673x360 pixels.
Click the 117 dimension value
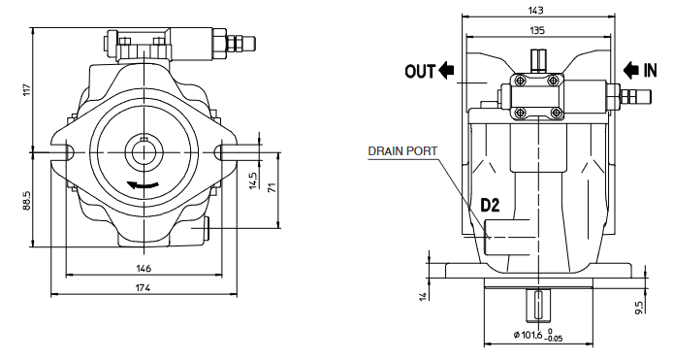(26, 90)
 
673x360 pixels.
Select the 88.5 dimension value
(26, 199)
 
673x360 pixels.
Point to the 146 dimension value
(144, 269)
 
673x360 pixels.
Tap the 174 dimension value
(144, 288)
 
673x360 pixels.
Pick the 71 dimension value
(272, 187)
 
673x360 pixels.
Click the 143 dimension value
(537, 11)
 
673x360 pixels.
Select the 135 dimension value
(537, 30)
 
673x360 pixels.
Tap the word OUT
(420, 71)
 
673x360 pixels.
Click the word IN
(650, 71)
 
